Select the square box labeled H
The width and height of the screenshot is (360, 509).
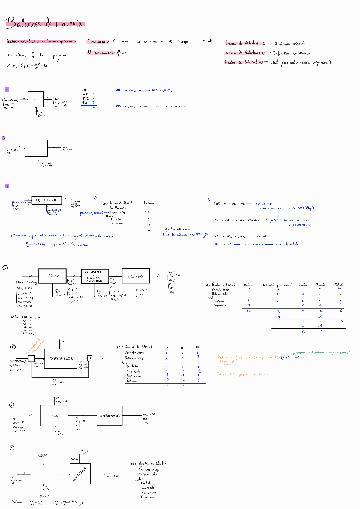pos(36,99)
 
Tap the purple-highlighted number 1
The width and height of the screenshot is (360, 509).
pos(6,89)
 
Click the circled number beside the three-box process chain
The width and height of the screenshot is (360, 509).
pos(5,267)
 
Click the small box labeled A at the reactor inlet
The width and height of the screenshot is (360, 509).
pos(31,359)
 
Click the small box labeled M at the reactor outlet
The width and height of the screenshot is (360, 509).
pos(89,359)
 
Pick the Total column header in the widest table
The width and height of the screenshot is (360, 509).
pos(339,283)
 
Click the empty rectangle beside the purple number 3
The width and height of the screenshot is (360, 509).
pos(35,148)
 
